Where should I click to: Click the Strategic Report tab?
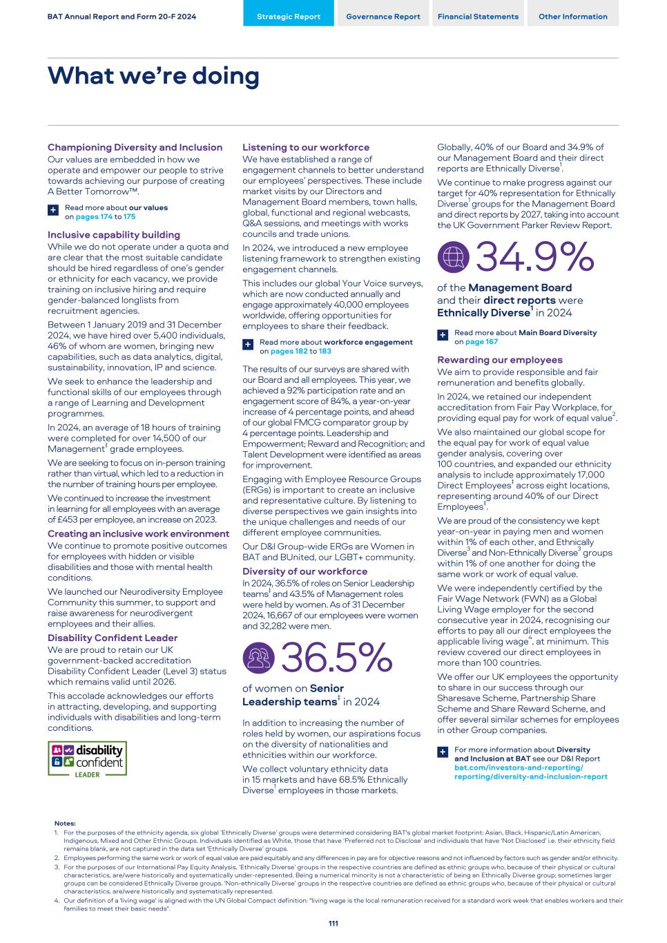click(x=289, y=17)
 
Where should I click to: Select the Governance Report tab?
click(x=383, y=17)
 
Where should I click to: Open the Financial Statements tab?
click(x=478, y=17)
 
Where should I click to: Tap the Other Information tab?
click(x=573, y=17)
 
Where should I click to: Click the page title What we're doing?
click(x=153, y=75)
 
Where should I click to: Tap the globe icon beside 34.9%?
click(x=453, y=258)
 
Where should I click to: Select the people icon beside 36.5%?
click(x=258, y=658)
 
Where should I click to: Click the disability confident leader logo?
click(x=87, y=759)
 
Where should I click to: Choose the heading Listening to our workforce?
click(x=306, y=147)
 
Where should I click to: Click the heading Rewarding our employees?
click(x=500, y=360)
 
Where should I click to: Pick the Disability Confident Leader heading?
click(x=113, y=638)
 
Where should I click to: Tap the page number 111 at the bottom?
click(x=333, y=924)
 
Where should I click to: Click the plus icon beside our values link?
click(x=53, y=209)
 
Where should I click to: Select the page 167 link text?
click(x=481, y=342)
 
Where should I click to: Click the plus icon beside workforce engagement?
click(x=248, y=344)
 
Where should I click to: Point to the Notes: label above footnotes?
click(x=65, y=823)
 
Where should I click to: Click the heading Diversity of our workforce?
click(x=304, y=571)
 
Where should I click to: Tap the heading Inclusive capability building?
click(x=114, y=235)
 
